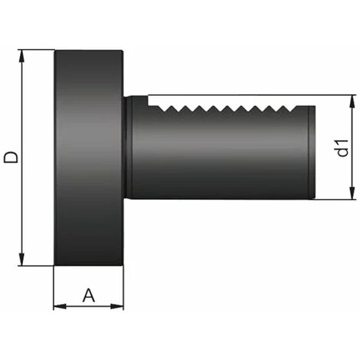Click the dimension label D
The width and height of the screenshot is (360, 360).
click(11, 157)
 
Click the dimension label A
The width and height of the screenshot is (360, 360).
click(89, 295)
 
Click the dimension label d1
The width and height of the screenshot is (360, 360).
click(342, 148)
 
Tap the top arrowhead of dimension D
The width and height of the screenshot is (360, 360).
click(22, 56)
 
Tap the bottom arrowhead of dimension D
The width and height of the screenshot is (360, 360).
click(22, 260)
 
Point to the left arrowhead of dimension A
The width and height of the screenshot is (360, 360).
click(60, 306)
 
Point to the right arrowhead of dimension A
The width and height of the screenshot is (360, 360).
click(117, 306)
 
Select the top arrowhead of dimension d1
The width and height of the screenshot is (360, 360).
click(352, 101)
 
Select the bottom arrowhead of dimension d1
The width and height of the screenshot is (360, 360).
click(352, 193)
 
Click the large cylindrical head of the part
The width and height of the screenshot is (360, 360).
click(89, 158)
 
